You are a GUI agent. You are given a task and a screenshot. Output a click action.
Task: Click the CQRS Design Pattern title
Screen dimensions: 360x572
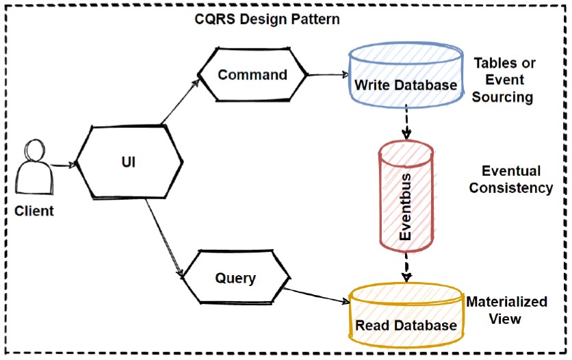(267, 18)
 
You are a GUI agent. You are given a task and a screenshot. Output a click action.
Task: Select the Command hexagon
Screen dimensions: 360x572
(252, 75)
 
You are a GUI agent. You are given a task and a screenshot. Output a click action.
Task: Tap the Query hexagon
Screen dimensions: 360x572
(235, 279)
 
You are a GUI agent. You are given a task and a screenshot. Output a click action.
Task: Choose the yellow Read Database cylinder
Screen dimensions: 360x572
(406, 314)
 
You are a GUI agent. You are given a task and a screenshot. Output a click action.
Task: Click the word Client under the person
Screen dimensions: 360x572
(34, 211)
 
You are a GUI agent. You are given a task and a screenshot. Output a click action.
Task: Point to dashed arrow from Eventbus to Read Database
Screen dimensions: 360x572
(406, 267)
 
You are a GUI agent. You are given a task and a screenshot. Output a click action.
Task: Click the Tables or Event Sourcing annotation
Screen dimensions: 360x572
(505, 80)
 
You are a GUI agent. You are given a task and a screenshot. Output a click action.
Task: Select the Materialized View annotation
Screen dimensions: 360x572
(506, 310)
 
